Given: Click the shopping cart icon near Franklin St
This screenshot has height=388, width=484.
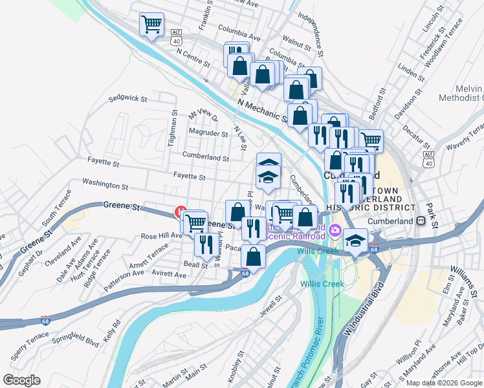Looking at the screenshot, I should point(151,25).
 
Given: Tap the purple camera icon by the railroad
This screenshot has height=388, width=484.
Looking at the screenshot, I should point(335,230).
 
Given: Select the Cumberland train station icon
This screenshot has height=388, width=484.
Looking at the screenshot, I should point(421,221).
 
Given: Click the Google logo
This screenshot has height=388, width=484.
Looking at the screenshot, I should point(21,380).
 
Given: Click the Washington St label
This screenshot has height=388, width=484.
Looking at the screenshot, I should point(105,185).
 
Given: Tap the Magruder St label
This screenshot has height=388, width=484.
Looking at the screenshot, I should point(208,134).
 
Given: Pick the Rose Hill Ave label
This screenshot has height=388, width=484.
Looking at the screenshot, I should point(162,236).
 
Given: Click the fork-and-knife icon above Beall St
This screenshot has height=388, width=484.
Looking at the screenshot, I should point(205,244).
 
